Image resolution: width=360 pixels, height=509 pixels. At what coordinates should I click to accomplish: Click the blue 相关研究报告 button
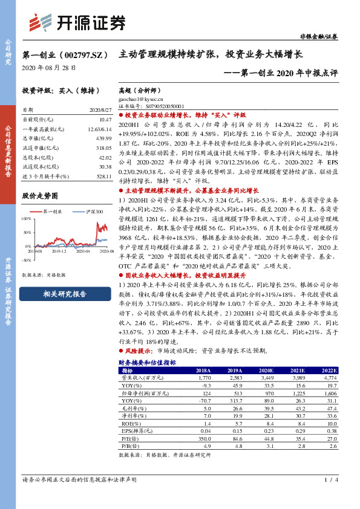pyautogui.click(x=65, y=294)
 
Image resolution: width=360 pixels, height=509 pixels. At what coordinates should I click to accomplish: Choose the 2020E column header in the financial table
pyautogui.click(x=264, y=370)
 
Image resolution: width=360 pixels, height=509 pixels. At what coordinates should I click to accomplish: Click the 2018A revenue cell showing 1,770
pyautogui.click(x=203, y=378)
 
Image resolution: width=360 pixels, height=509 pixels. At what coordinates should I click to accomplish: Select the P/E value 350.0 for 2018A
pyautogui.click(x=203, y=439)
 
